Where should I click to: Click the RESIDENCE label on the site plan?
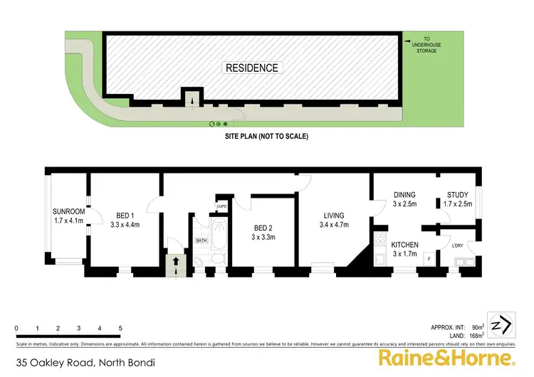click(x=252, y=68)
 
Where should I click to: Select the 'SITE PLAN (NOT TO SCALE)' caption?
click(x=265, y=136)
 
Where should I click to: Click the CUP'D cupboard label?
click(x=221, y=206)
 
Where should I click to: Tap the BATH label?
click(x=201, y=240)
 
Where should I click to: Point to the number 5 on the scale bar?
click(x=120, y=328)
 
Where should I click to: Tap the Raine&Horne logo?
click(x=446, y=357)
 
